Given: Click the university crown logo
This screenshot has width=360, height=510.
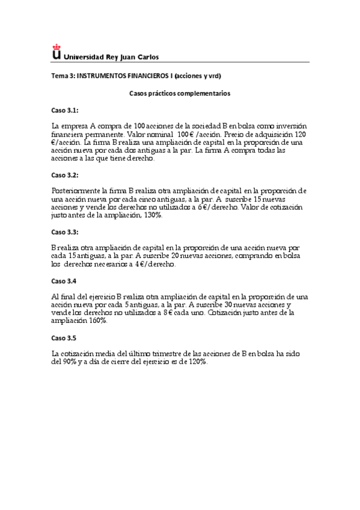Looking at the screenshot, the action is pyautogui.click(x=56, y=53).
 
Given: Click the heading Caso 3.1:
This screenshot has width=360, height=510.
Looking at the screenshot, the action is pyautogui.click(x=64, y=111).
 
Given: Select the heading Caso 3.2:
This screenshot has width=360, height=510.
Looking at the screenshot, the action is pyautogui.click(x=64, y=174).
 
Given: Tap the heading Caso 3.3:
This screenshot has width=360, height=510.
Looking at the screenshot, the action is pyautogui.click(x=64, y=231).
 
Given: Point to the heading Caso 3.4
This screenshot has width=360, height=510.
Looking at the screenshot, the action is pyautogui.click(x=64, y=281).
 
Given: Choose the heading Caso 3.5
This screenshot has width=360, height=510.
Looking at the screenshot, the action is pyautogui.click(x=64, y=337).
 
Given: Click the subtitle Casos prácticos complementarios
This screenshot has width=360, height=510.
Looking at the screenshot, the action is pyautogui.click(x=180, y=93).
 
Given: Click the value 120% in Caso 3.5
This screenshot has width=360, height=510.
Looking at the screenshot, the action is pyautogui.click(x=197, y=362).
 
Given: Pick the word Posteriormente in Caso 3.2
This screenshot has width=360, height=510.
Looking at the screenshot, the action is pyautogui.click(x=77, y=191).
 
